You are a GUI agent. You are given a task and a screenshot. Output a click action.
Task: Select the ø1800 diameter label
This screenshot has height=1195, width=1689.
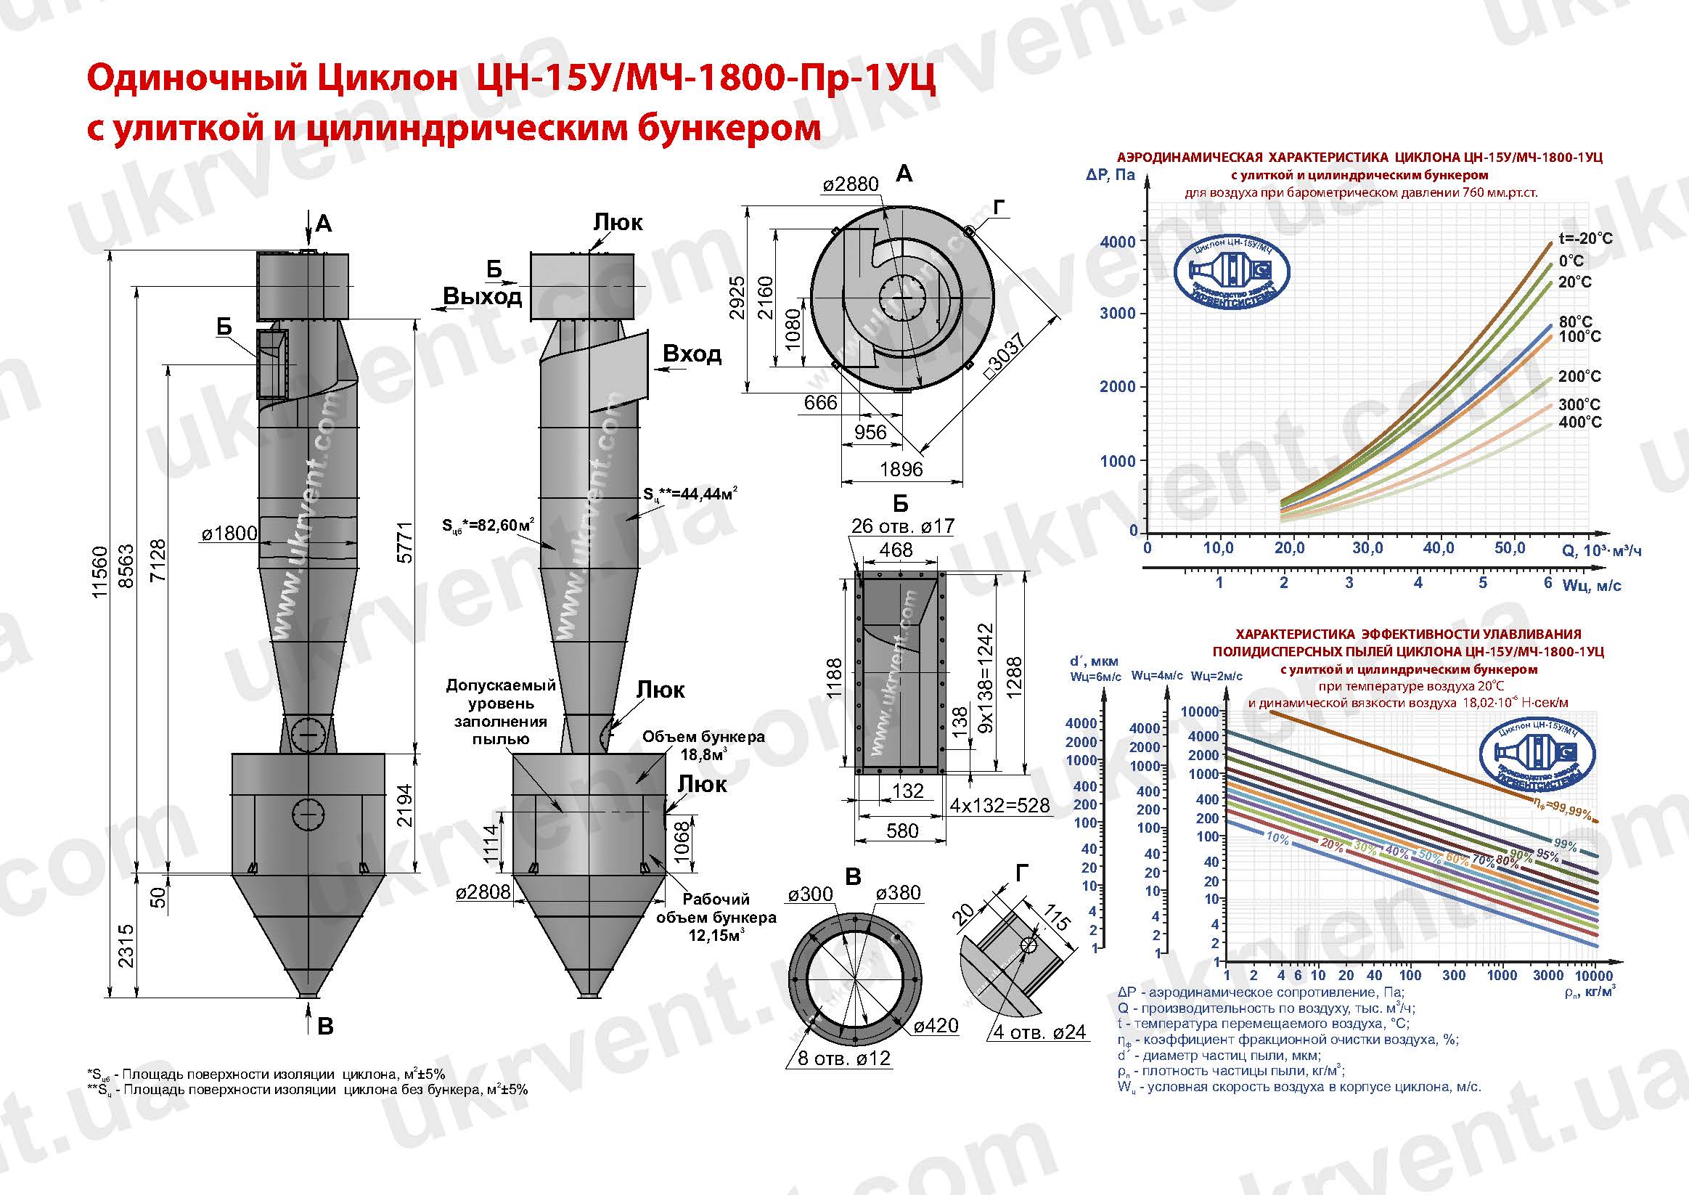[229, 534]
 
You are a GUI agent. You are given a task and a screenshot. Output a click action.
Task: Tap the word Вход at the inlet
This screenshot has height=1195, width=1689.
[692, 354]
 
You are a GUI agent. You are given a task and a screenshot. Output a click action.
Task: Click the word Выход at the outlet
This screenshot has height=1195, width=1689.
[483, 295]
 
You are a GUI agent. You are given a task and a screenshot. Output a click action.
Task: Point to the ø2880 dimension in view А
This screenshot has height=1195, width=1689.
[851, 184]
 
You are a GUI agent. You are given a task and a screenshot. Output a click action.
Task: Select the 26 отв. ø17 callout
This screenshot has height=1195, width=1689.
[903, 526]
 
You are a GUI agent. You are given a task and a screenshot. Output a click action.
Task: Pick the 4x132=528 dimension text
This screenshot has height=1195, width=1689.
[999, 805]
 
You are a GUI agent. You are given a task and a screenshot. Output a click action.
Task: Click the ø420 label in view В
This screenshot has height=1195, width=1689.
[936, 1025]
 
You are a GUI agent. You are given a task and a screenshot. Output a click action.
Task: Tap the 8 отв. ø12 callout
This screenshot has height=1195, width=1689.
[845, 1058]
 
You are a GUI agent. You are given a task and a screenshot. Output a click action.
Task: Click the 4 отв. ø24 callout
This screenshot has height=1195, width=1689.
[1039, 1032]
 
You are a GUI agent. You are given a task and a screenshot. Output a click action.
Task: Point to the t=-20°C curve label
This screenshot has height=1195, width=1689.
[1585, 238]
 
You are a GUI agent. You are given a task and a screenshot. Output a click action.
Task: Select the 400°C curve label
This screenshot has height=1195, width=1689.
[1579, 423]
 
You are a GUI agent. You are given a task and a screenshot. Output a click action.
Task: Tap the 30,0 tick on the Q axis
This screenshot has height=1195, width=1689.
[1367, 548]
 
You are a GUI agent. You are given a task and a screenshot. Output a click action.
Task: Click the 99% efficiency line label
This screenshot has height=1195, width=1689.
[1565, 845]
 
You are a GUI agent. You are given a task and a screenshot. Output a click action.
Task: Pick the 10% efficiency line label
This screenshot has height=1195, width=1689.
[1277, 836]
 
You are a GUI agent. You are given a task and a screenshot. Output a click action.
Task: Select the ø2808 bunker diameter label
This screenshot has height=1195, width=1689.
[483, 892]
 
